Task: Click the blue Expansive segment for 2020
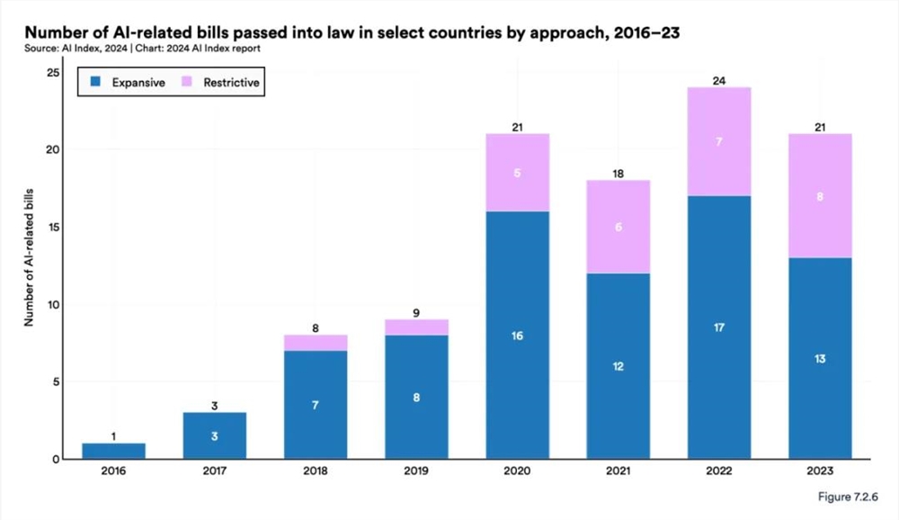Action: (x=517, y=335)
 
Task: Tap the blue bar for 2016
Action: (x=114, y=451)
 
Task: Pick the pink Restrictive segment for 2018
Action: (x=316, y=343)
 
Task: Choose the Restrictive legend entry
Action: (x=221, y=83)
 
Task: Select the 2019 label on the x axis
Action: (x=416, y=471)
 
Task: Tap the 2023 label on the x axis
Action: (x=819, y=471)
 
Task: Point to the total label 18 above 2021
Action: (x=618, y=172)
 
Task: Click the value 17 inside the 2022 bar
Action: (x=718, y=327)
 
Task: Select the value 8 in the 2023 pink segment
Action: (x=819, y=195)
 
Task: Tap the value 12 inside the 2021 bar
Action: (x=618, y=366)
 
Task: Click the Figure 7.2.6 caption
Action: (x=845, y=498)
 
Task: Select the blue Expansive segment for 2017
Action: (x=215, y=435)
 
